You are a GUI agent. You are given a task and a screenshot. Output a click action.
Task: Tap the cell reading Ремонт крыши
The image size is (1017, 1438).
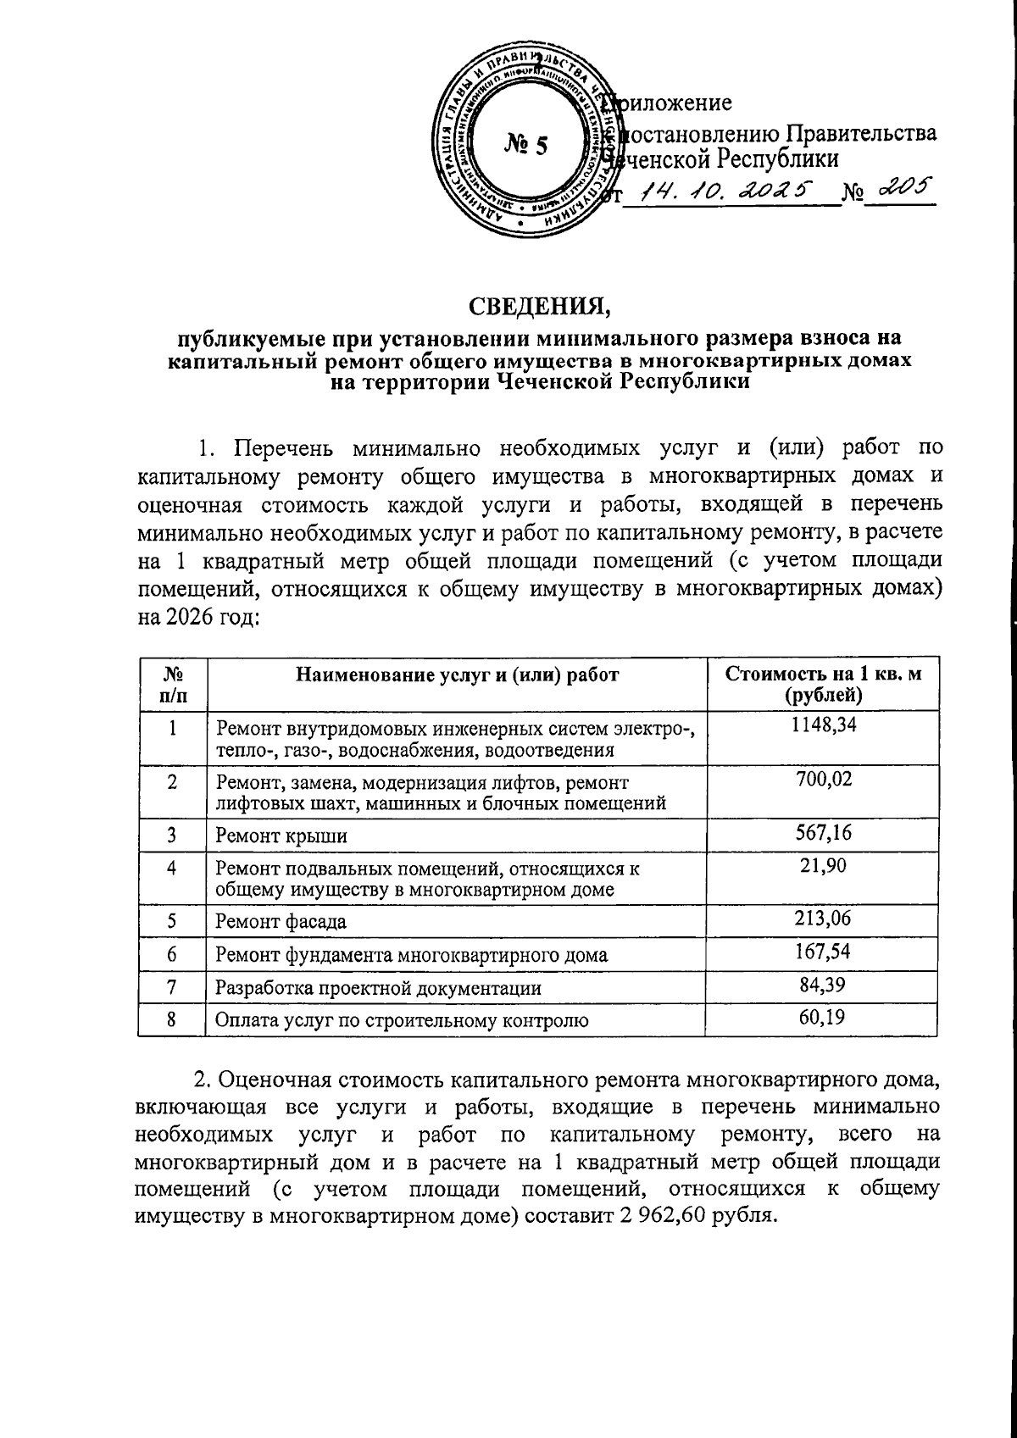point(281,836)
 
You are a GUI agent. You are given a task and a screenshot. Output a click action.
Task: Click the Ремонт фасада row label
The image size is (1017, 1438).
point(281,921)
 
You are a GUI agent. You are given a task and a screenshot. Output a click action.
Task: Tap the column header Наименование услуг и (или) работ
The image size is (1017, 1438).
point(457,675)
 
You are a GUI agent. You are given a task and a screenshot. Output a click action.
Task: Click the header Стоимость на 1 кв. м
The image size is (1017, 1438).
point(822,675)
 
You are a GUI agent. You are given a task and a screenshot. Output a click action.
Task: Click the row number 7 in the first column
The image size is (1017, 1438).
point(172,986)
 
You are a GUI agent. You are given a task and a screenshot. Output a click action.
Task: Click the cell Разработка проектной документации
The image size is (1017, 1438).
point(378,988)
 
